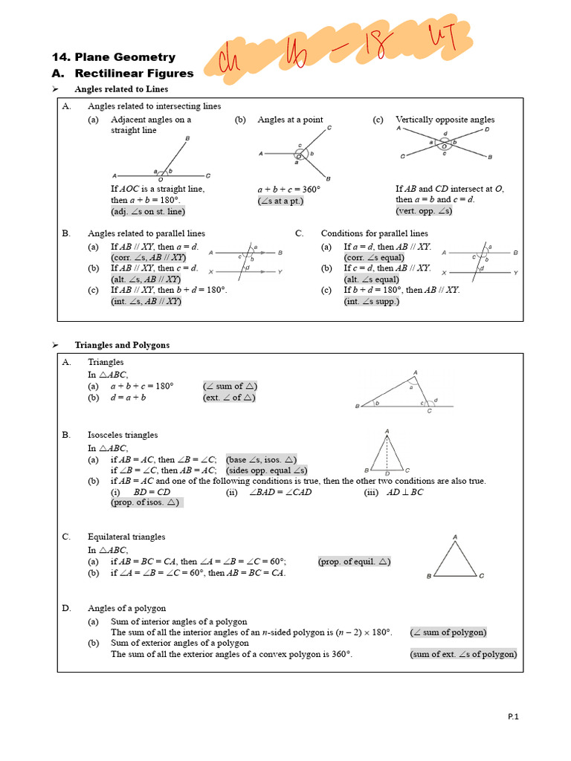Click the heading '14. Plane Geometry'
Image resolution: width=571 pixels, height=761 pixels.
pos(114,57)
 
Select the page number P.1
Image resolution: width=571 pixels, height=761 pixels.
pos(513,716)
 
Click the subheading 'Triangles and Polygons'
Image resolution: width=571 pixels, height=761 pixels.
pos(122,345)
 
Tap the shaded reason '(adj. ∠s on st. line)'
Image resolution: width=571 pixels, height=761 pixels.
pos(147,211)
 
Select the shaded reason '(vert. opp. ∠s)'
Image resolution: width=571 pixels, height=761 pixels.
pos(424,211)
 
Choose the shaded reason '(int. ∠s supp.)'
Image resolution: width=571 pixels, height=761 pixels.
pos(372,301)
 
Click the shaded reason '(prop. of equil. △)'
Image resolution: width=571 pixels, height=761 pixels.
pos(355,561)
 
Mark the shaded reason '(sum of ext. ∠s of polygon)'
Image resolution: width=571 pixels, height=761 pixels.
pos(463,654)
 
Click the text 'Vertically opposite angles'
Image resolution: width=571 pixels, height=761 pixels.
pos(445,120)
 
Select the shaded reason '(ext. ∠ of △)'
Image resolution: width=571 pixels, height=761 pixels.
pos(230,398)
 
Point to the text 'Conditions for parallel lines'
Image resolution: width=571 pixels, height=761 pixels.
pos(374,233)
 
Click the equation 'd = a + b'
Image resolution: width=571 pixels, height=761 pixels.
pos(129,398)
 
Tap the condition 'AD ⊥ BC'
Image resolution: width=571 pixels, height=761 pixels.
pos(405,492)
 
